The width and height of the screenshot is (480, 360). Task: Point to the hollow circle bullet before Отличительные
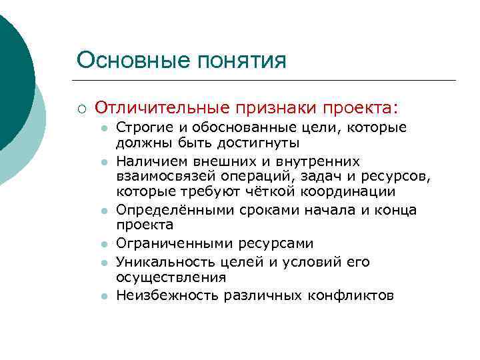tap(81, 108)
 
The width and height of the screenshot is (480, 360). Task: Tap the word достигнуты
tap(260, 143)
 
